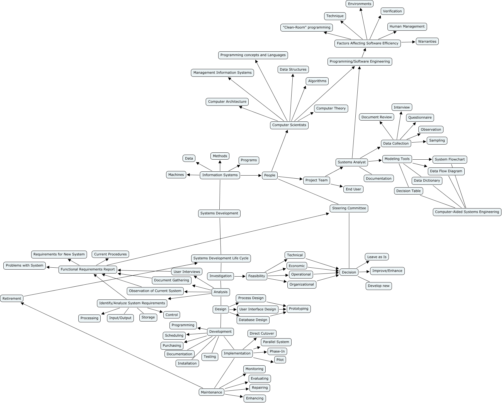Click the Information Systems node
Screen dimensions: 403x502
point(220,175)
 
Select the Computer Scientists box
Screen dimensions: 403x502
point(289,125)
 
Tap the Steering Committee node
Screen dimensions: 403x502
point(349,208)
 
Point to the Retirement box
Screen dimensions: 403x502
point(12,298)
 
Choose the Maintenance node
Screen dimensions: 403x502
point(211,392)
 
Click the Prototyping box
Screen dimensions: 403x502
point(299,309)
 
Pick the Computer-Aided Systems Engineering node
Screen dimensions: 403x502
point(467,212)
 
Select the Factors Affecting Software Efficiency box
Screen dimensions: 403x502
point(367,43)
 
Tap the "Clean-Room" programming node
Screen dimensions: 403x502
point(306,27)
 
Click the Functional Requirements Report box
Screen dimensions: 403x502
point(88,269)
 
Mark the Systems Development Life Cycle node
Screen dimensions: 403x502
point(221,258)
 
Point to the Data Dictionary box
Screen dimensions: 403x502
point(427,181)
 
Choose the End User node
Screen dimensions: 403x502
point(353,189)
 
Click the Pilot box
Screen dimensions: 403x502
point(280,360)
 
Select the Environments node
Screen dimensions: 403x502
point(360,4)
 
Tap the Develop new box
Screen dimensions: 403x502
point(379,286)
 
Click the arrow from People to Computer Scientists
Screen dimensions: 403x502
point(280,150)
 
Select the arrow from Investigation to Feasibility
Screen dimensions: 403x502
point(240,276)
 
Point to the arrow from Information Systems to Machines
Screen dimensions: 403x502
point(193,175)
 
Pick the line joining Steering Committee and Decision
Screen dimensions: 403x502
point(349,240)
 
